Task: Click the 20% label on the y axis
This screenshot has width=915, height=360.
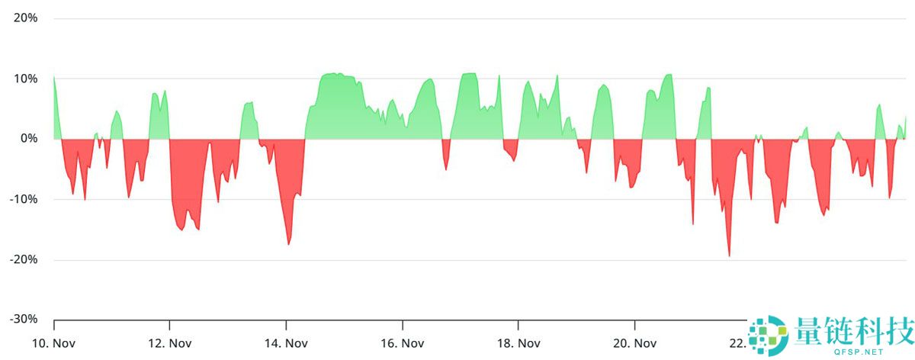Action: click(x=26, y=18)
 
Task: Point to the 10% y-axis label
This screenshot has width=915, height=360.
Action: click(x=26, y=78)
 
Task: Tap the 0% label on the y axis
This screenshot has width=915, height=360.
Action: click(x=29, y=139)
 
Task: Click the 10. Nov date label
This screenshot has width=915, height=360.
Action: click(x=53, y=343)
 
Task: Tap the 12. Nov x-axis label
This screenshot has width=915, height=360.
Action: click(x=169, y=343)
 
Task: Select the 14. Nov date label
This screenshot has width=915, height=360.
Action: click(x=286, y=343)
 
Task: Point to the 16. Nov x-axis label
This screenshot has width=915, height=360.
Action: click(x=402, y=343)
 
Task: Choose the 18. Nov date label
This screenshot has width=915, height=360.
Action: click(x=518, y=343)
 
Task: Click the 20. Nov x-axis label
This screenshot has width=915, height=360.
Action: click(x=634, y=343)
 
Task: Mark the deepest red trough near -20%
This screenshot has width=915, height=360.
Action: click(x=729, y=256)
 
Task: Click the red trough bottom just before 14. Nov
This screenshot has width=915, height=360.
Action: click(x=288, y=243)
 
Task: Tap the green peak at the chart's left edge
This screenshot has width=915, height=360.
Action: click(x=54, y=76)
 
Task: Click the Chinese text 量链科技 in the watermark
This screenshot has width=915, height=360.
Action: click(x=853, y=333)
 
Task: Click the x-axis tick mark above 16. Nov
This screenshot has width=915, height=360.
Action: click(x=402, y=323)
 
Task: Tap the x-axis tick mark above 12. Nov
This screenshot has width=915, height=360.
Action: click(x=169, y=323)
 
